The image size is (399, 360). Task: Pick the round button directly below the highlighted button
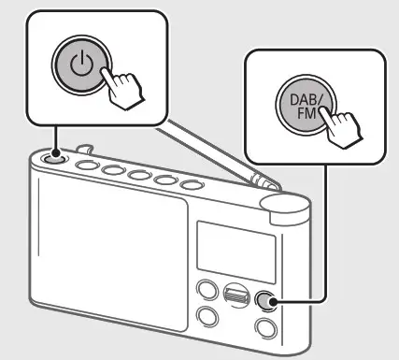(x=268, y=328)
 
